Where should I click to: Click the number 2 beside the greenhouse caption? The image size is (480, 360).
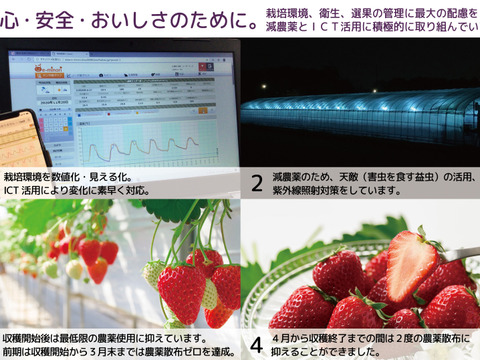coord(257,182)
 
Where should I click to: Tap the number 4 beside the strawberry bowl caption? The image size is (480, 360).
coord(257,346)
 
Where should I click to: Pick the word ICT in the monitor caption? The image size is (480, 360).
coord(17,189)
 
